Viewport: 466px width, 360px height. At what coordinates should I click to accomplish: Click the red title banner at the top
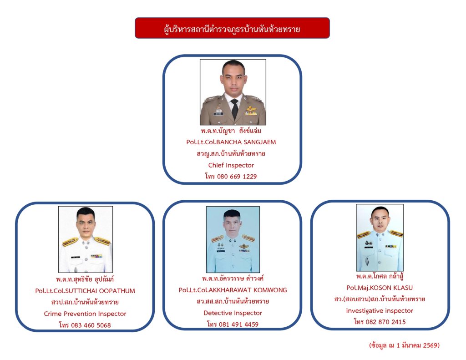pos(232,28)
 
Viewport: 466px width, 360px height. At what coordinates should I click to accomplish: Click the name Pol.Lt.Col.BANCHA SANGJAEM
pos(231,142)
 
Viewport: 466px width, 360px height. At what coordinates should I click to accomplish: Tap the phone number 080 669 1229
pos(237,177)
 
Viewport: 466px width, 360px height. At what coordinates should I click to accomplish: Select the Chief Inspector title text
pos(231,165)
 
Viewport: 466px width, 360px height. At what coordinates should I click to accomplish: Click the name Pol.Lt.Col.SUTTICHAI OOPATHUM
pos(85,291)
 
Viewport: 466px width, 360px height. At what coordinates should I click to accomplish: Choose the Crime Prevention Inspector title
pos(85,314)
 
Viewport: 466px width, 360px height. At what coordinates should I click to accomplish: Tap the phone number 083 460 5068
pos(91,325)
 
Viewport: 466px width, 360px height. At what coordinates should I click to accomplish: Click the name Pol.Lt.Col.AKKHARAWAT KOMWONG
pos(233,290)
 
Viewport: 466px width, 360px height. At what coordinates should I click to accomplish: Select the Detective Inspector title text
pos(233,313)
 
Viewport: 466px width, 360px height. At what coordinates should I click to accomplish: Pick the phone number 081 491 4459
pos(238,325)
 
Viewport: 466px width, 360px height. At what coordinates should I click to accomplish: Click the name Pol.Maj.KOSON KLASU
pos(380,288)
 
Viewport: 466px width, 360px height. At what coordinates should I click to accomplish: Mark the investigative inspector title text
pos(380,311)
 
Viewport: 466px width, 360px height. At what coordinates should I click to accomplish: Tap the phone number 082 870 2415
pos(386,322)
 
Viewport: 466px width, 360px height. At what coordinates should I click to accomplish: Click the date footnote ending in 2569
pos(404,345)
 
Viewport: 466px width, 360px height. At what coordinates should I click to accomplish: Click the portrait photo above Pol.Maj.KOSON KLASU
pos(380,238)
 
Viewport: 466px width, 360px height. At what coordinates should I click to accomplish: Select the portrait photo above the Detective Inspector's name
pos(233,239)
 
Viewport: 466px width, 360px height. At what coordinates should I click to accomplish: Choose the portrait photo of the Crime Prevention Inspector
pos(86,239)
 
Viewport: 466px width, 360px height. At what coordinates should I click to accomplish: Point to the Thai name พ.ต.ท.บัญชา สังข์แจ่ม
pos(231,131)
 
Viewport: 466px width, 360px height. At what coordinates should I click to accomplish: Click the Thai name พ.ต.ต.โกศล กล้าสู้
pos(380,276)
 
